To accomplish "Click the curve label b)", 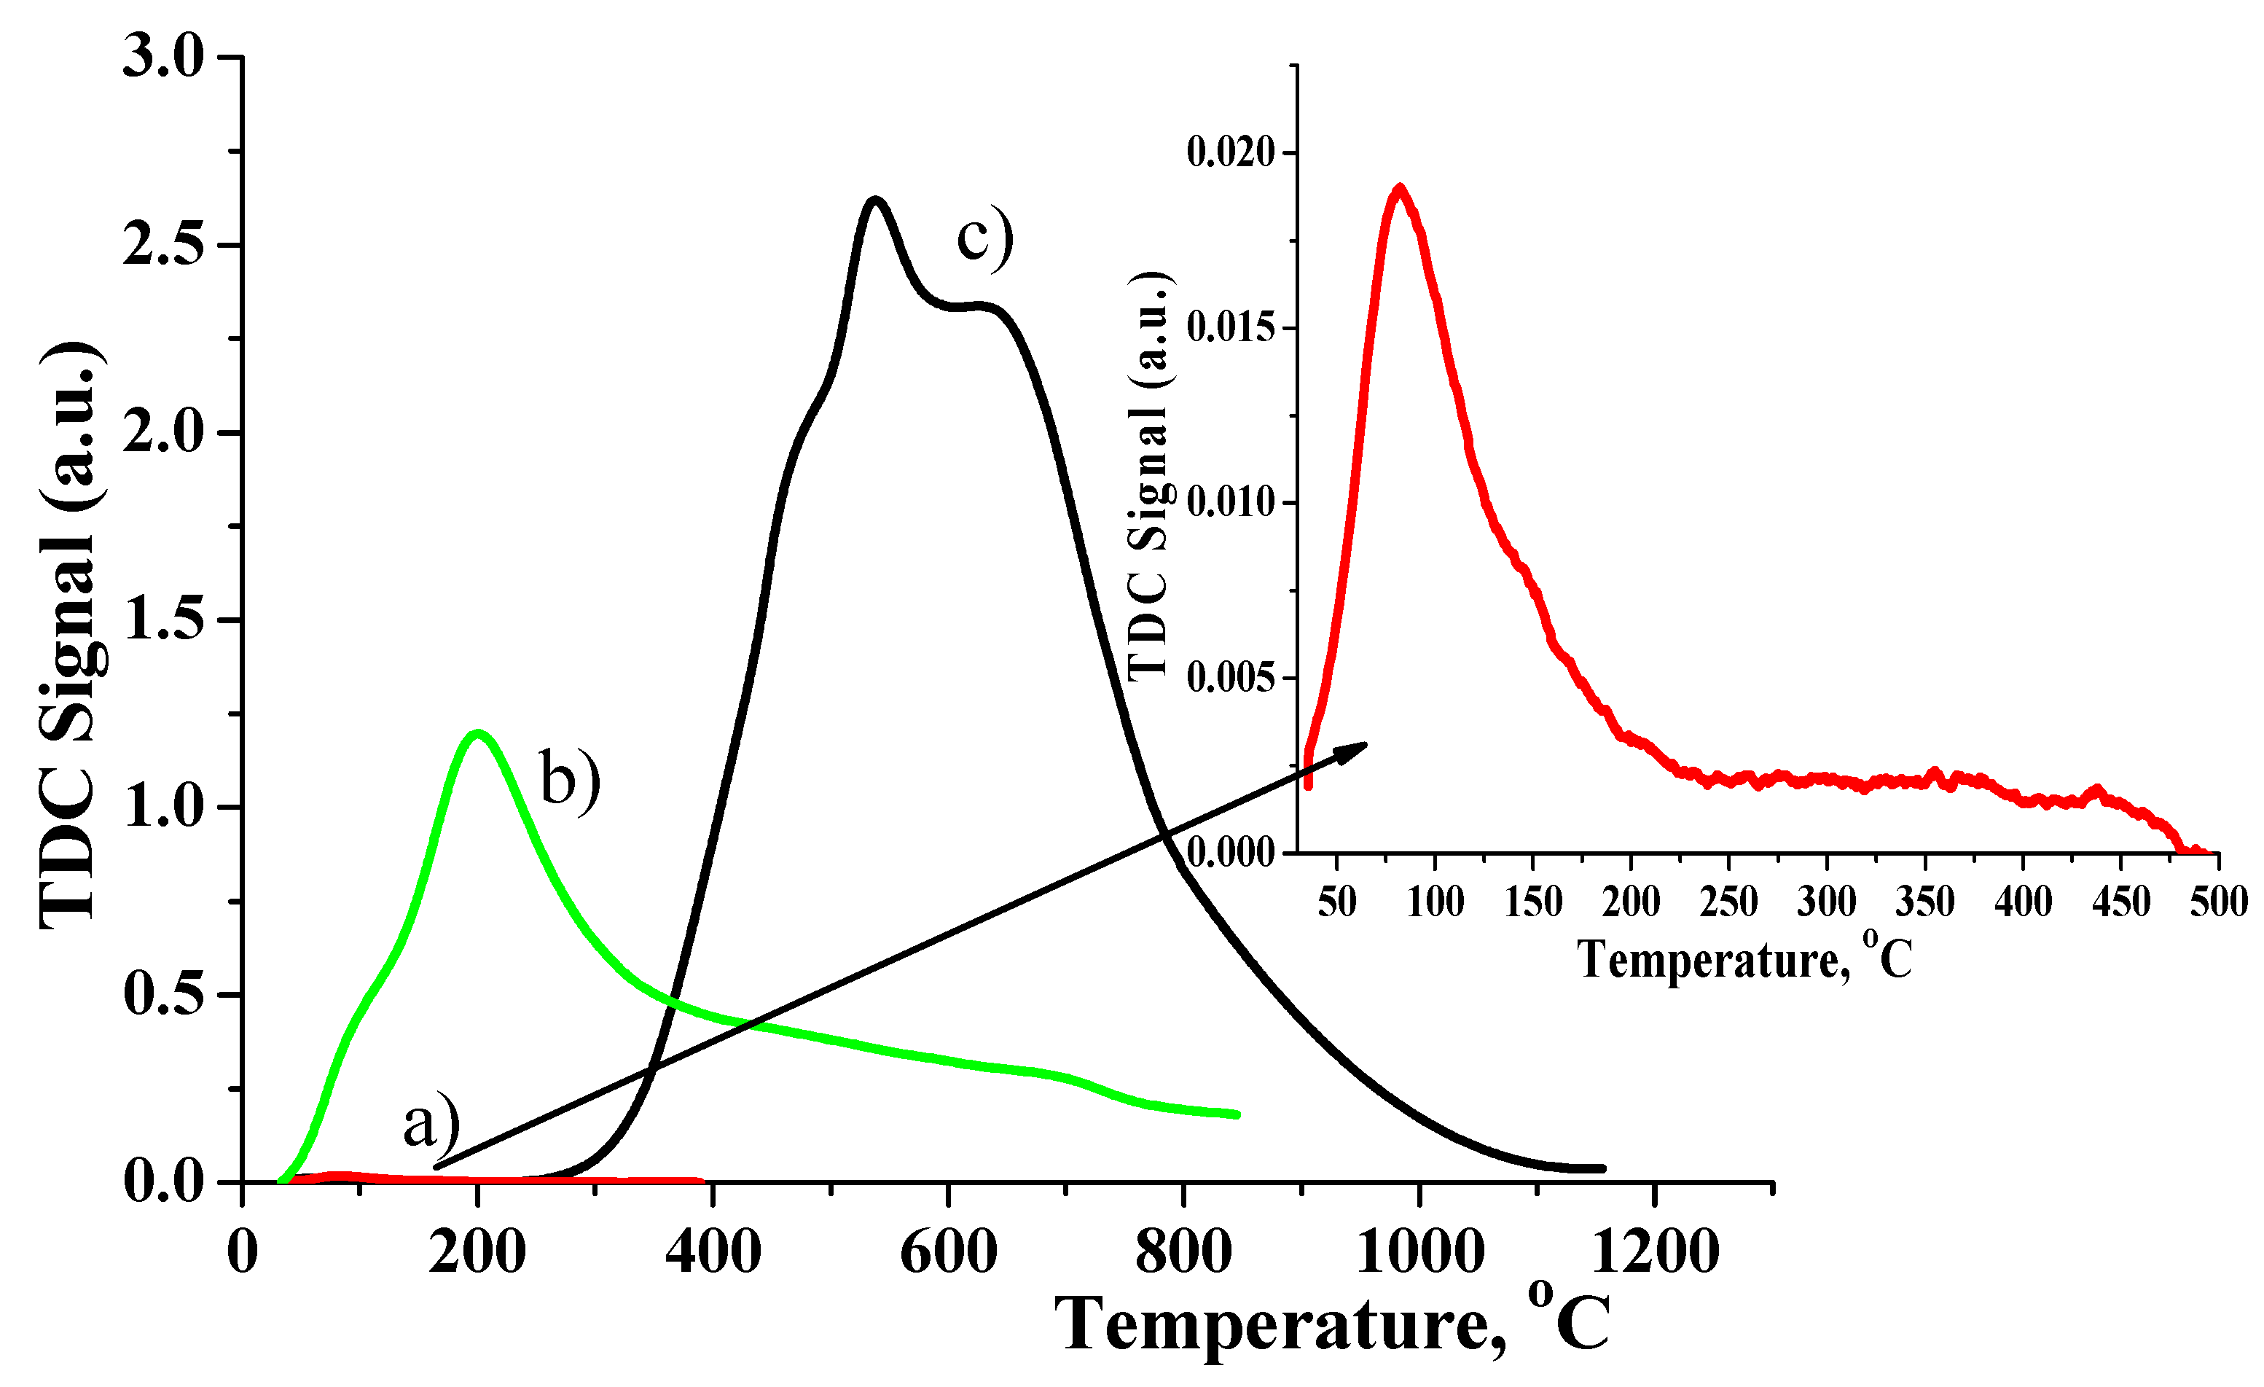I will [x=569, y=778].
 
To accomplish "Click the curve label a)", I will [x=431, y=1123].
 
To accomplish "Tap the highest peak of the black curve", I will [x=874, y=200].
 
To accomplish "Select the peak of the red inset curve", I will [x=1399, y=189].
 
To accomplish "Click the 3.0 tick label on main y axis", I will [x=163, y=57].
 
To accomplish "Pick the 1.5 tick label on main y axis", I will [x=163, y=620].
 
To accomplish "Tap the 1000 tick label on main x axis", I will [x=1419, y=1252].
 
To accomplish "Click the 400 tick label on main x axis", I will [x=713, y=1252].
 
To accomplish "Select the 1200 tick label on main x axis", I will [x=1655, y=1252].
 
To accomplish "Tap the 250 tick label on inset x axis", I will [x=1728, y=902].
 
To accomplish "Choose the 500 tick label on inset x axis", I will [x=2218, y=902].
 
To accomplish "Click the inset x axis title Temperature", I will [x=1744, y=961].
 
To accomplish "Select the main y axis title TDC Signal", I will [x=71, y=634].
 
